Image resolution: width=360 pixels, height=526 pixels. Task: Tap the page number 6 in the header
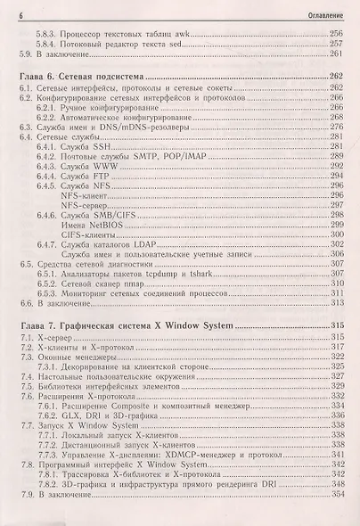coord(20,11)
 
